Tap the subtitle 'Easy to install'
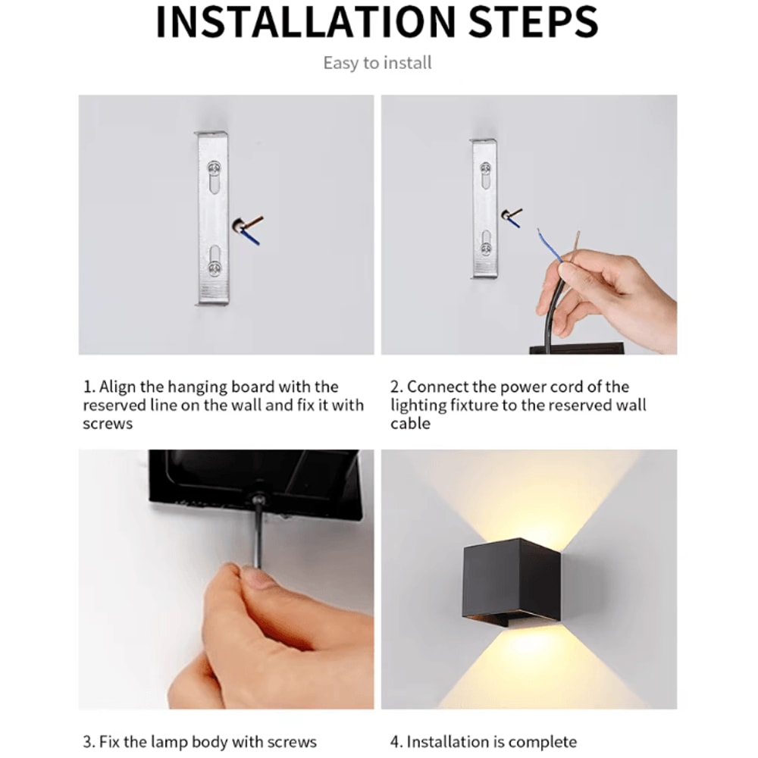click(x=377, y=63)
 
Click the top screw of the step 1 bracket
click(x=214, y=169)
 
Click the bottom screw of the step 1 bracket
click(x=214, y=268)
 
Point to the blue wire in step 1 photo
click(x=252, y=237)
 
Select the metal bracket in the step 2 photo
click(x=484, y=208)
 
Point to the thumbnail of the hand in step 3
click(x=256, y=580)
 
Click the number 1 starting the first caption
click(x=86, y=387)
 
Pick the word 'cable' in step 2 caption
click(x=410, y=424)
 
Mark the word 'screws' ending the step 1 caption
click(x=108, y=424)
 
